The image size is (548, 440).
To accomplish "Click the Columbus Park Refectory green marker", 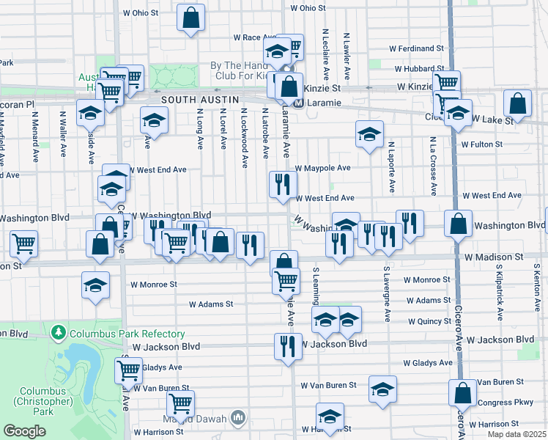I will pos(58,334).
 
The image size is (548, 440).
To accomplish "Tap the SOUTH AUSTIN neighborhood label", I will pos(190,99).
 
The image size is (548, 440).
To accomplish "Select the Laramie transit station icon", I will pos(299,103).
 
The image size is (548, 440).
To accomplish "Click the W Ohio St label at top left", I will pos(140,13).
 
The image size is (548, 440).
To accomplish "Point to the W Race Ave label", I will pos(253,37).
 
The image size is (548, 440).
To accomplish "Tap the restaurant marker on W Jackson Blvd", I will pos(284,344).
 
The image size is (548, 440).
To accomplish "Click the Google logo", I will pos(24,431).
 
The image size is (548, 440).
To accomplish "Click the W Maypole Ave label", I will pos(322,168).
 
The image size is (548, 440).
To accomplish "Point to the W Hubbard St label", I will pos(419,69).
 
